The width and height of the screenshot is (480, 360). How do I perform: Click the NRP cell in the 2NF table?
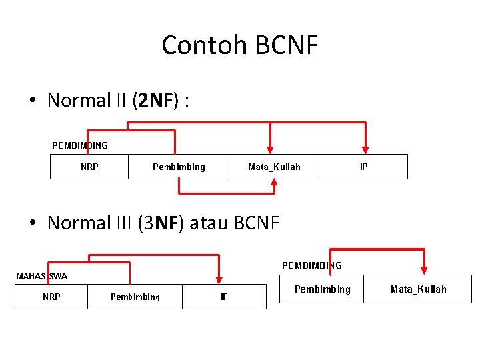click(89, 167)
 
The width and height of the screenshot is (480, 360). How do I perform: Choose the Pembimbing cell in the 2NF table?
click(179, 167)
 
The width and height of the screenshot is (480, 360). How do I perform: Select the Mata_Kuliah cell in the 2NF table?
click(274, 167)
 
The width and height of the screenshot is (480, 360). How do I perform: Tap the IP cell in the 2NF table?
click(363, 167)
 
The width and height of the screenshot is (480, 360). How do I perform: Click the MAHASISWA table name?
click(41, 276)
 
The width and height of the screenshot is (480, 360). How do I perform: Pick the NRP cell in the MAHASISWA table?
click(51, 297)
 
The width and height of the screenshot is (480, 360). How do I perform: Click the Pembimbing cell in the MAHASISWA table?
click(135, 297)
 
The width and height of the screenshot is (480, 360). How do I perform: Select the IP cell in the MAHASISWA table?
click(224, 297)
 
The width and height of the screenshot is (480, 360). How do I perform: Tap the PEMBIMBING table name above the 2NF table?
click(80, 145)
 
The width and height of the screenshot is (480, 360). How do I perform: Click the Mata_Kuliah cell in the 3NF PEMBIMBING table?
click(418, 289)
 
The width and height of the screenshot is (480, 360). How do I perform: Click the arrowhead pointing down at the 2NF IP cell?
click(365, 149)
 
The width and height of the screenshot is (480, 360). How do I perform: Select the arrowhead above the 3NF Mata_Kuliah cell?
click(424, 269)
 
